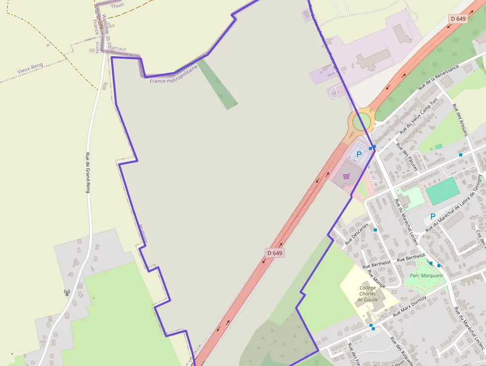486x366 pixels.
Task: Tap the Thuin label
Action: (118, 5)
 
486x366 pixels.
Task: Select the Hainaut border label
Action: (117, 48)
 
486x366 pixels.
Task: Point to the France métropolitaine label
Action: (174, 74)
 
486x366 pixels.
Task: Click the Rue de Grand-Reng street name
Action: (88, 172)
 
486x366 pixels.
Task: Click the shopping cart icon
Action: (346, 176)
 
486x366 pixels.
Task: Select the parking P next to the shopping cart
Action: (359, 154)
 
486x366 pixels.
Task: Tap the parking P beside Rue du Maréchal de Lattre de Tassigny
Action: (432, 217)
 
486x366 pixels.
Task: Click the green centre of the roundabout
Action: (362, 121)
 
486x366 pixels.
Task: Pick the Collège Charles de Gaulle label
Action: (368, 293)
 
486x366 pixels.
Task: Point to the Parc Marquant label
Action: (426, 275)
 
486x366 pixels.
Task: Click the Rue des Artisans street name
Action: (460, 119)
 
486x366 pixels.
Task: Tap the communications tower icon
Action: (67, 292)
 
